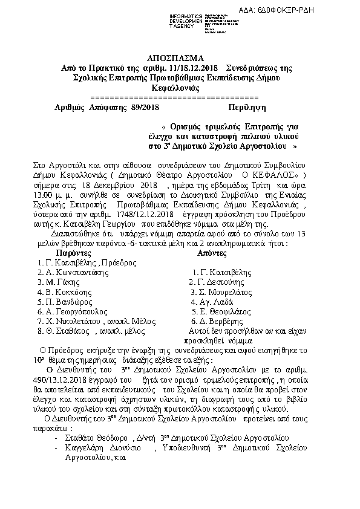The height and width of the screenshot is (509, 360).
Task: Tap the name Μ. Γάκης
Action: tap(59, 282)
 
